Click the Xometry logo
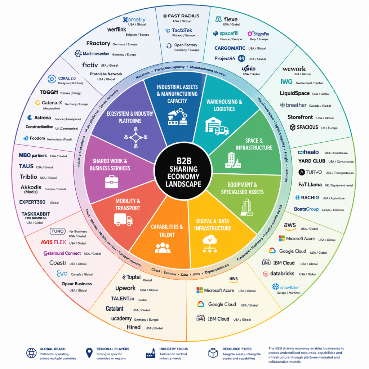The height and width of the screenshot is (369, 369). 134,19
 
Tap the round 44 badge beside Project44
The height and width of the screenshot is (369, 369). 241,58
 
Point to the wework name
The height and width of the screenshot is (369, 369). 294,68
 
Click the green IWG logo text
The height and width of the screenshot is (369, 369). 286,82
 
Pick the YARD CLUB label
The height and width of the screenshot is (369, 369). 312,161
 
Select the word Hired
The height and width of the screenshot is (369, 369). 133,328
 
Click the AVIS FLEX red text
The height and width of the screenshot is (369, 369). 53,242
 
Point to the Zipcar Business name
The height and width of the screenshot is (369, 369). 77,284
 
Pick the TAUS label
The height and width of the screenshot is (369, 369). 26,166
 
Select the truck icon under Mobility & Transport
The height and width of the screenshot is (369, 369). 123,219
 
